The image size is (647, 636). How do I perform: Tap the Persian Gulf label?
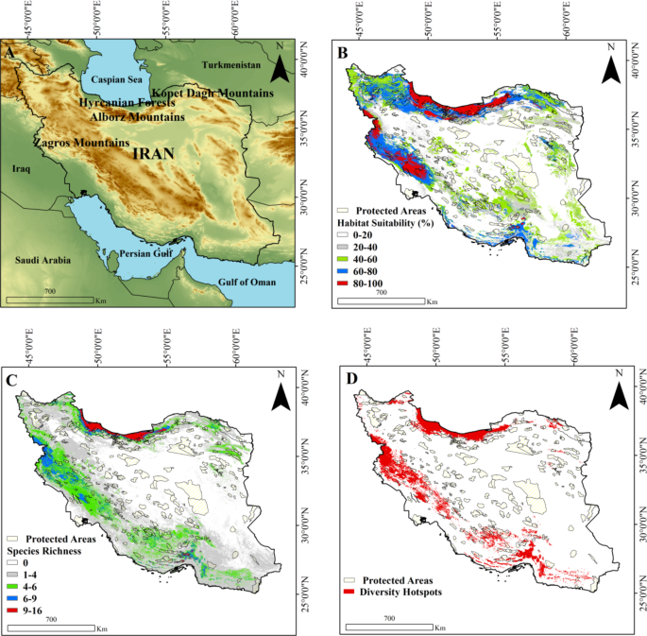point(143,253)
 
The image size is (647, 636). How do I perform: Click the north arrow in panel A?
point(282,66)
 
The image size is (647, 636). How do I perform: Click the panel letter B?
point(343,54)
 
